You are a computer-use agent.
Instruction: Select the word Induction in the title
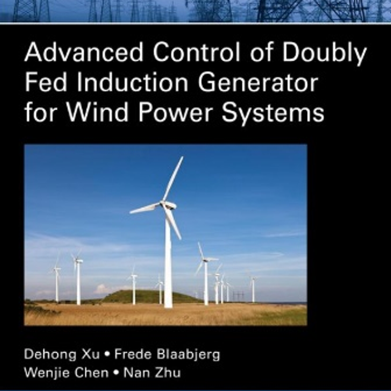pyautogui.click(x=132, y=82)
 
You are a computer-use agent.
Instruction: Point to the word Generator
pyautogui.click(x=258, y=83)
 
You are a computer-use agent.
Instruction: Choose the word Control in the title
pyautogui.click(x=196, y=52)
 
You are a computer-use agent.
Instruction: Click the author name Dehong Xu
pyautogui.click(x=62, y=354)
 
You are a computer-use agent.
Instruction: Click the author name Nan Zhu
pyautogui.click(x=152, y=373)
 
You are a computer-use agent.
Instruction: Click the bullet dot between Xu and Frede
pyautogui.click(x=107, y=354)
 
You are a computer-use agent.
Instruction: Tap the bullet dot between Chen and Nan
pyautogui.click(x=116, y=373)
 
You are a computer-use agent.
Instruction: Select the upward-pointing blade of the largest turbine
pyautogui.click(x=173, y=179)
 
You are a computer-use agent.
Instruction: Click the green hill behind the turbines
pyautogui.click(x=150, y=296)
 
